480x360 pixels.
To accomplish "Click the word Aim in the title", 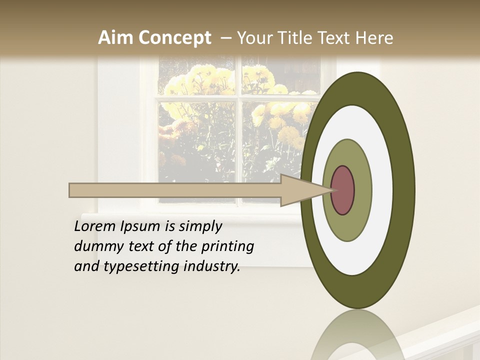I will pos(116,38).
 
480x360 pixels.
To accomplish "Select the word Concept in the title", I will pos(174,38).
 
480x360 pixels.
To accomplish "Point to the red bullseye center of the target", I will pos(343,190).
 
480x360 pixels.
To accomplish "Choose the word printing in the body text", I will pos(227,246).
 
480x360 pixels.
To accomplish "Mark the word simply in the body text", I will pos(200,226).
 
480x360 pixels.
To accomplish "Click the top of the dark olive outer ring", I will pos(358,87).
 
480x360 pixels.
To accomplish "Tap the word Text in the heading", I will pos(335,38).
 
